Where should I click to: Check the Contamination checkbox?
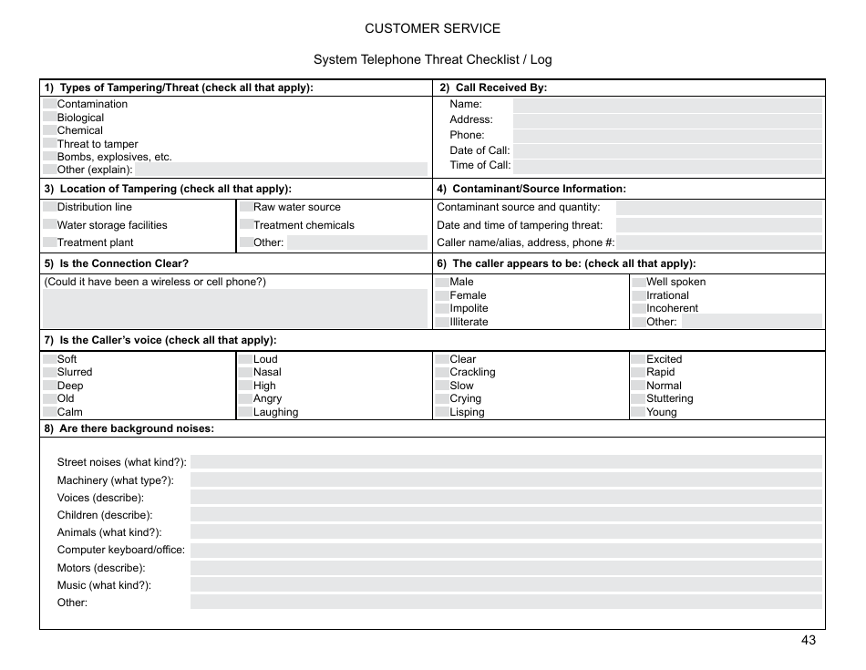point(49,104)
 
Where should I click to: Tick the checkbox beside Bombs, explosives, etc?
point(49,157)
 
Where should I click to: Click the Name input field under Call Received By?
point(667,105)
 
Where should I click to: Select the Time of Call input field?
point(667,166)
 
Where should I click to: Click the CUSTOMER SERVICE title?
point(432,28)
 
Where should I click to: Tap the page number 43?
point(809,640)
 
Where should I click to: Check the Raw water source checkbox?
point(246,207)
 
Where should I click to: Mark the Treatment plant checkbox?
point(49,242)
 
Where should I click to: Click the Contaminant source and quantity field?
point(719,207)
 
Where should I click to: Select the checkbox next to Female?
point(442,295)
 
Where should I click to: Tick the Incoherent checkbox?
point(639,308)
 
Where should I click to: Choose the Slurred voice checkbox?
point(49,372)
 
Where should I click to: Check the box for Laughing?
point(246,412)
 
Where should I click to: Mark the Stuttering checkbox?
point(639,398)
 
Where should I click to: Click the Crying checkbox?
point(442,398)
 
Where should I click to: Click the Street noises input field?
point(506,462)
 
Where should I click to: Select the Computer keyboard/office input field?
point(506,550)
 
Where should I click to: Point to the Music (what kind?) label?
point(104,585)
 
